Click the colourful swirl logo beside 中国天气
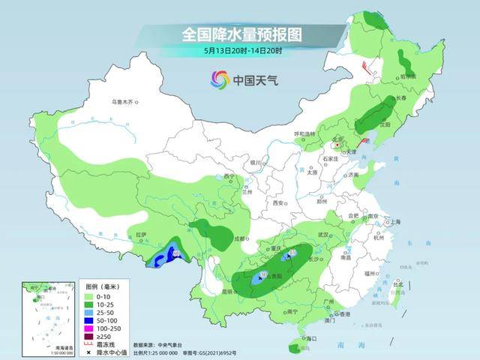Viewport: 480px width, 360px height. pyautogui.click(x=220, y=79)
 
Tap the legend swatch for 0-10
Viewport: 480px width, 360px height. pyautogui.click(x=89, y=295)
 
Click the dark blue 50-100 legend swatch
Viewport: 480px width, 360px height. pyautogui.click(x=89, y=318)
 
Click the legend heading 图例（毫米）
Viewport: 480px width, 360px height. pyautogui.click(x=102, y=287)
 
